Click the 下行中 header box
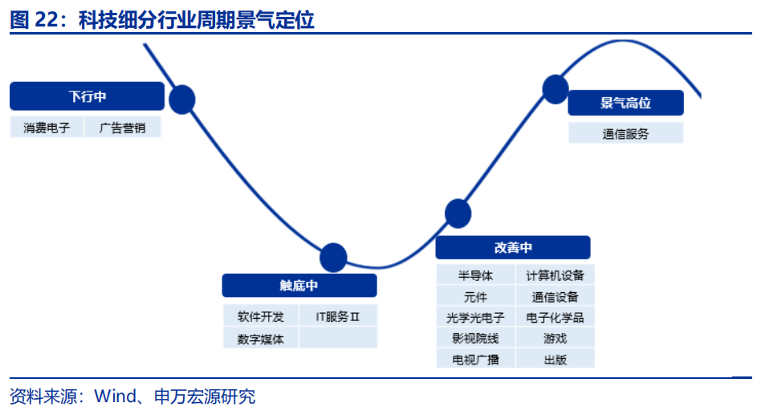coord(88,97)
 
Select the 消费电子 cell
coord(47,127)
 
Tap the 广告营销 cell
coord(123,127)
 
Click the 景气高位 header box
coord(625,103)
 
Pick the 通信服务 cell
coord(625,134)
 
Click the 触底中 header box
coord(299,286)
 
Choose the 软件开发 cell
coord(260,316)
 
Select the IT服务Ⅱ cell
coord(337,316)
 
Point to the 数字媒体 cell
coord(260,338)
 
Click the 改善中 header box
coord(513,247)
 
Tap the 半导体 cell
coord(475,275)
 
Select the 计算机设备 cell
coord(556,275)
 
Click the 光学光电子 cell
coord(475,317)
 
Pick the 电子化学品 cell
coord(556,317)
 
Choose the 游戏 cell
coord(556,338)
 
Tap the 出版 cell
coord(556,359)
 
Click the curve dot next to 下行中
coord(182,99)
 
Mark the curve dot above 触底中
coord(333,258)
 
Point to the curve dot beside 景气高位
coord(556,88)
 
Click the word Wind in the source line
coord(112,397)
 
